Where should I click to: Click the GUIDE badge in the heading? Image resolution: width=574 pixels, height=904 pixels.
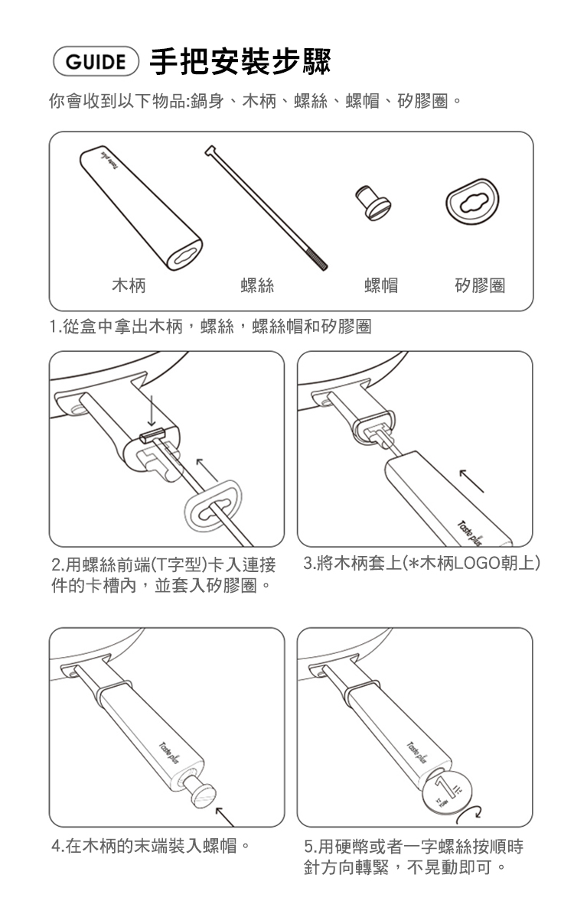[96, 62]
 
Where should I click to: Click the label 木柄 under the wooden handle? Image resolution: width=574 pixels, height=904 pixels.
[129, 285]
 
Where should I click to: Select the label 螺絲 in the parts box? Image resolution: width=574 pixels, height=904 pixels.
[257, 285]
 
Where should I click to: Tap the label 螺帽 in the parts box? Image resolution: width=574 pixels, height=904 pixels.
[381, 285]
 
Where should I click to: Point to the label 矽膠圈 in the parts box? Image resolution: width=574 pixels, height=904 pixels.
[480, 285]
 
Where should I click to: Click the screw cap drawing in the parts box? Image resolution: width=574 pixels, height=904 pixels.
[373, 203]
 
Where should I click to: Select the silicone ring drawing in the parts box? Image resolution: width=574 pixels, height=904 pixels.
[471, 202]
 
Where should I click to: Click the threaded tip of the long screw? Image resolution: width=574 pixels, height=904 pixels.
[317, 259]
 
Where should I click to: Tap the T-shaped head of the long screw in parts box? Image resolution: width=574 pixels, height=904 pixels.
[210, 151]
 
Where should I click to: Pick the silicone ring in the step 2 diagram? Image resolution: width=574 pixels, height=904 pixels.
[213, 506]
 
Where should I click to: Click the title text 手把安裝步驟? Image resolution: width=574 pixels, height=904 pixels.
[240, 61]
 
